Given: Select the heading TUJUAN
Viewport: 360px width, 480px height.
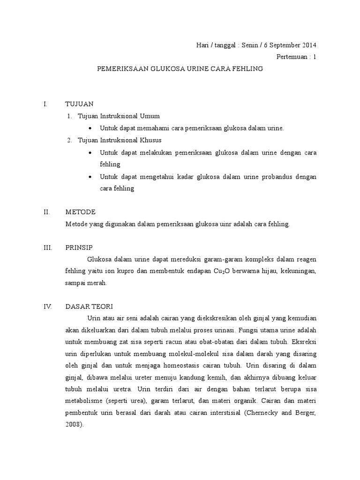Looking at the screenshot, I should click(80, 104).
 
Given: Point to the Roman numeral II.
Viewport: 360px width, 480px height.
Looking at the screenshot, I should click(46, 212).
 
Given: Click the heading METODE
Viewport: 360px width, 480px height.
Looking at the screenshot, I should click(81, 212).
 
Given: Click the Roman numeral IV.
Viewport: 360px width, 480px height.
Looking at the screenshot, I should click(47, 307).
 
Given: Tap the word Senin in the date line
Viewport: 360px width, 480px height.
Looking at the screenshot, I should click(251, 45).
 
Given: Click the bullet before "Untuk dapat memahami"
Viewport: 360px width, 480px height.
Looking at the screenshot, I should click(90, 128).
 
